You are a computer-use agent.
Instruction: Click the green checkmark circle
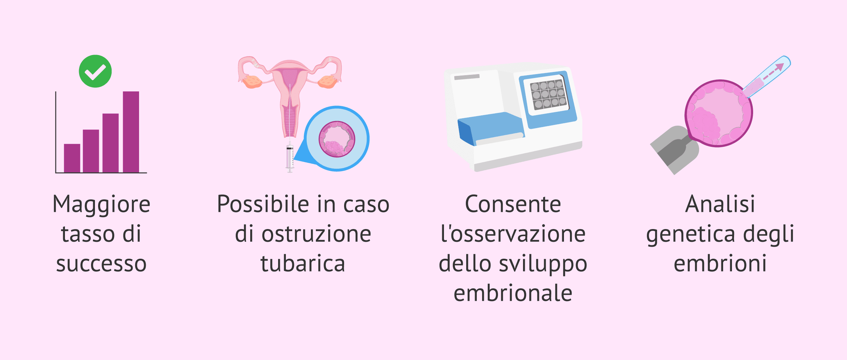click(95, 71)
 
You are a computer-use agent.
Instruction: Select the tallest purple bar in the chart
click(131, 132)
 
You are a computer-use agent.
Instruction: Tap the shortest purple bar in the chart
click(72, 158)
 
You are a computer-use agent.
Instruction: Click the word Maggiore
click(102, 205)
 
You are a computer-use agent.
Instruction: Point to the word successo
click(101, 264)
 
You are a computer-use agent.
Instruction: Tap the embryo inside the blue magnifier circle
click(337, 139)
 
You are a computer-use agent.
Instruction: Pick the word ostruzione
click(316, 234)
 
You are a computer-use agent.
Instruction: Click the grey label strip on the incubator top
click(467, 77)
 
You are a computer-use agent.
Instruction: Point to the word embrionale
click(513, 293)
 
